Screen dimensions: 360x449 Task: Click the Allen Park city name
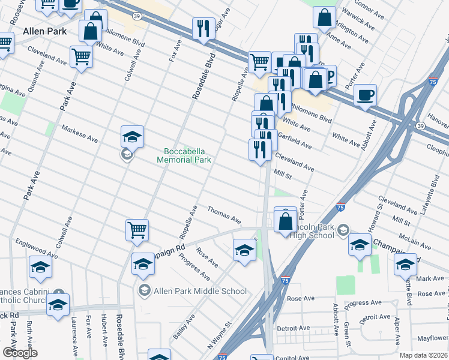pos(44,30)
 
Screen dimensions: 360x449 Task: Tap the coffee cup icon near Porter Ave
pos(365,95)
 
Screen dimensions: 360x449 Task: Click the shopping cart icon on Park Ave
pos(82,57)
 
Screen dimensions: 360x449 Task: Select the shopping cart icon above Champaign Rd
pos(137,229)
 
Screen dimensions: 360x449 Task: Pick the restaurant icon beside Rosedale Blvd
pos(204,28)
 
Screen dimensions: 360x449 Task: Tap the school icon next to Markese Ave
pos(132,137)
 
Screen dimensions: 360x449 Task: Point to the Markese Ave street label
pos(80,134)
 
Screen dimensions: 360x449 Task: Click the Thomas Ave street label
pos(224,213)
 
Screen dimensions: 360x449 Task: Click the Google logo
pos(20,353)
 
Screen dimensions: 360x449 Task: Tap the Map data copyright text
pos(424,355)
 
